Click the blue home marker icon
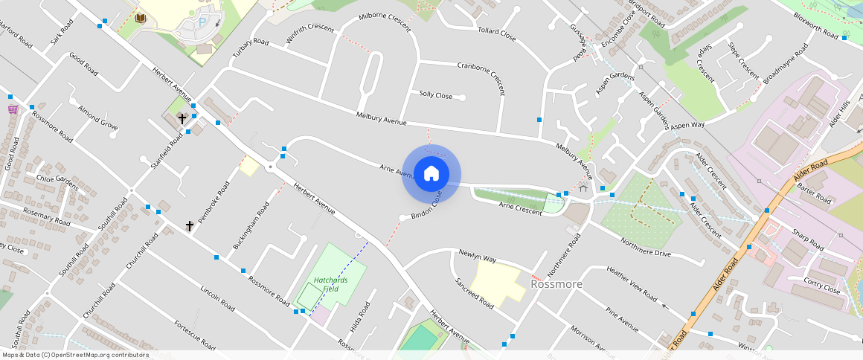(431, 174)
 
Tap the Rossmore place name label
(556, 284)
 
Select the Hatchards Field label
(326, 284)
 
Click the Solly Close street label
(435, 95)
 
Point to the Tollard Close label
(497, 33)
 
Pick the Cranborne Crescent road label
(481, 78)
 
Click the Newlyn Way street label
(477, 257)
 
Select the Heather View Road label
(632, 284)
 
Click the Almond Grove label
(97, 115)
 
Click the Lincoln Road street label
(217, 297)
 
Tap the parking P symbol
(203, 23)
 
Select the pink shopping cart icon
(13, 109)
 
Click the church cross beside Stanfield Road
(182, 118)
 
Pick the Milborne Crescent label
(385, 22)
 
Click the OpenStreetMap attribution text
(74, 355)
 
